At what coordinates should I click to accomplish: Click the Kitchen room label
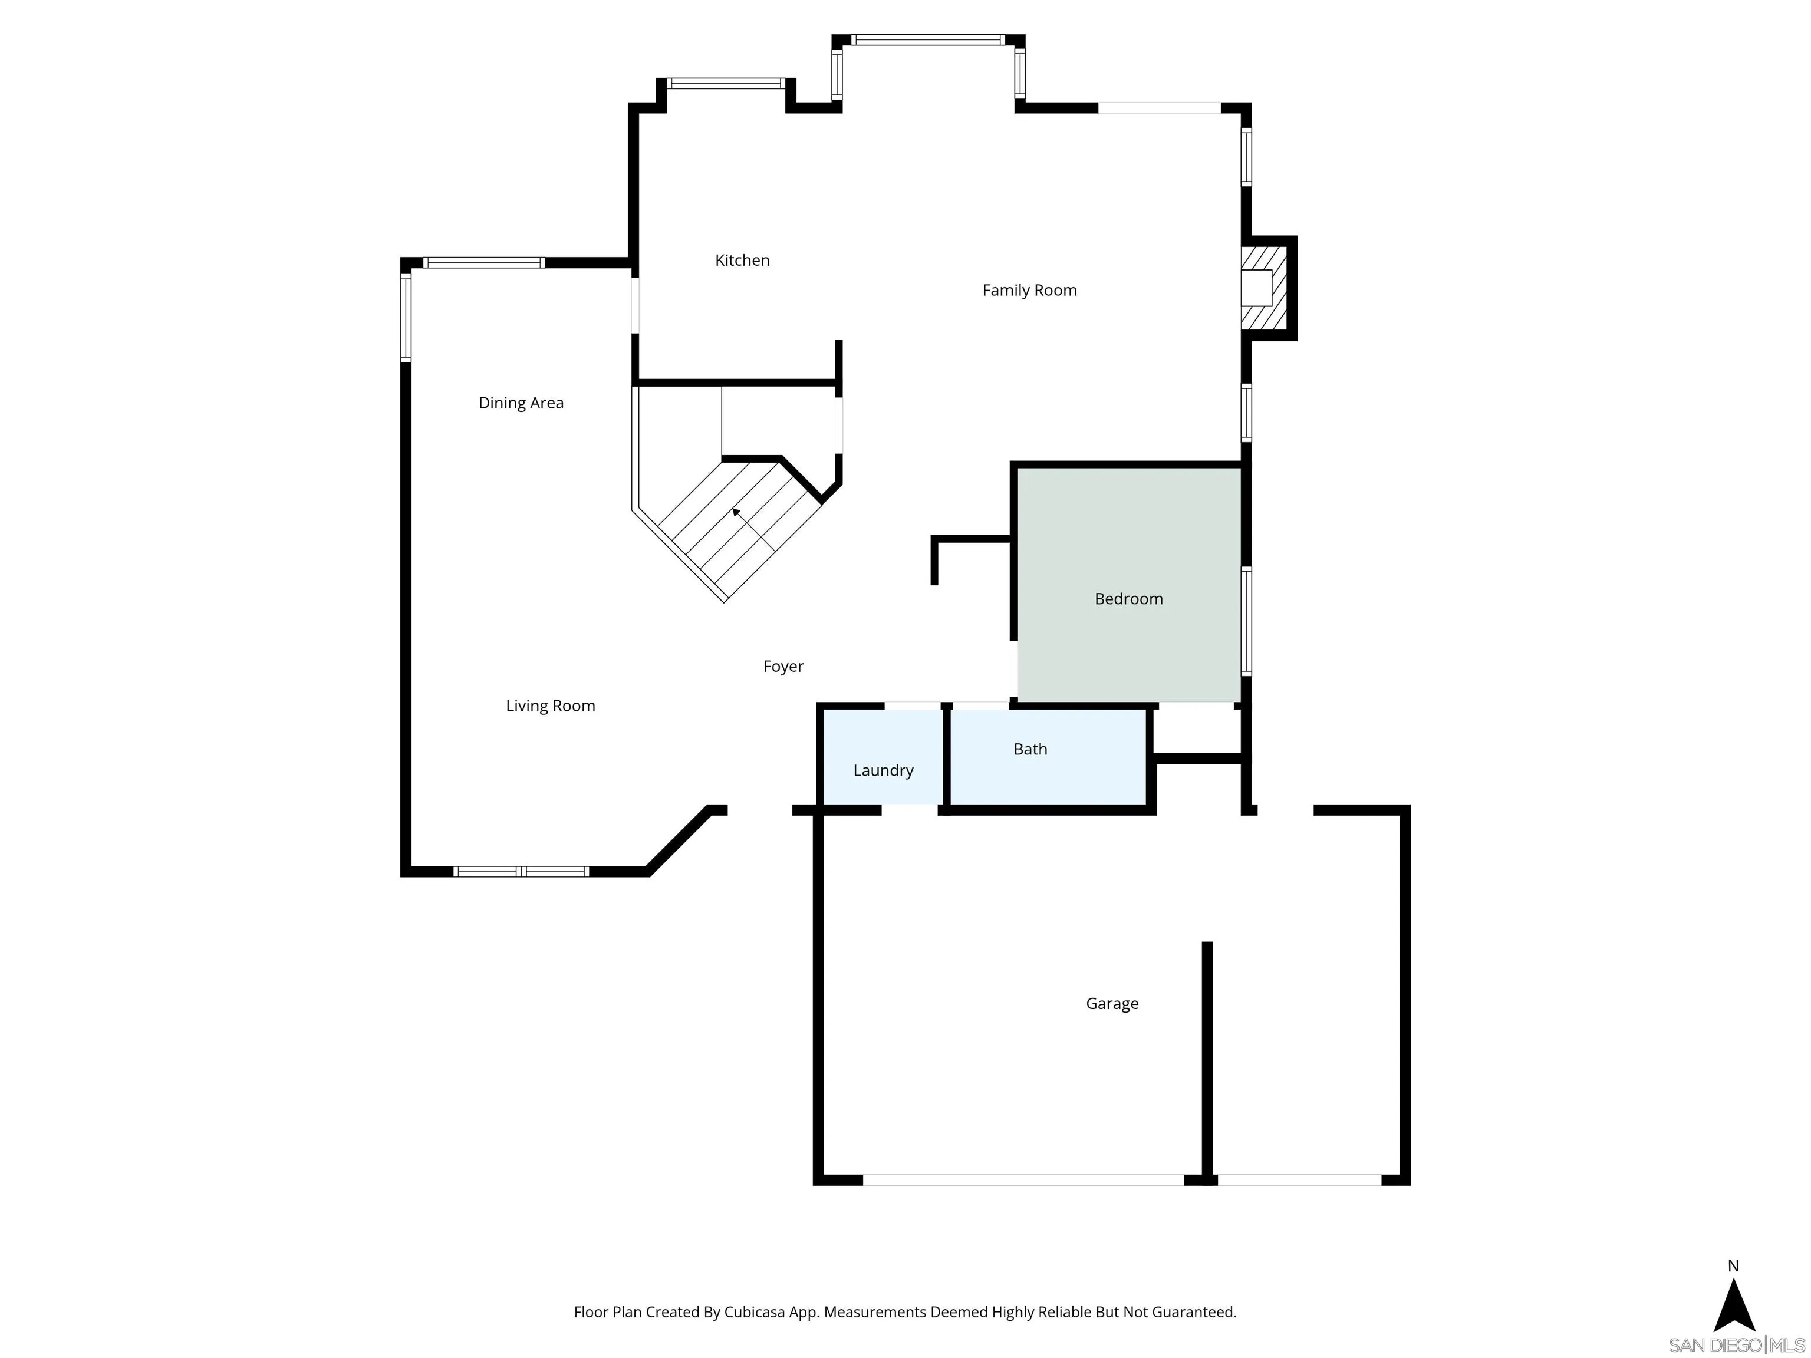click(742, 261)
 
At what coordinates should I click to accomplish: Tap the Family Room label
click(1029, 290)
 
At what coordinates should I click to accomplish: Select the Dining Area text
click(521, 403)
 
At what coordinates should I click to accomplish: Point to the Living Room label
click(550, 706)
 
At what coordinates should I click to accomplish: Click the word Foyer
click(783, 666)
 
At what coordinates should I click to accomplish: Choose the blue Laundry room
click(883, 757)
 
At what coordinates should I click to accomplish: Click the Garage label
click(1112, 1004)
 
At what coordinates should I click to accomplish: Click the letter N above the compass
click(1733, 1265)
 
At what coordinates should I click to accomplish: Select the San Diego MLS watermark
click(1736, 1346)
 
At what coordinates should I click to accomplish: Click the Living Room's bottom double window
click(521, 872)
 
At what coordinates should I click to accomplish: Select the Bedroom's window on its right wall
click(1246, 622)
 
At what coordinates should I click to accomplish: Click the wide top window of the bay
click(927, 39)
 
